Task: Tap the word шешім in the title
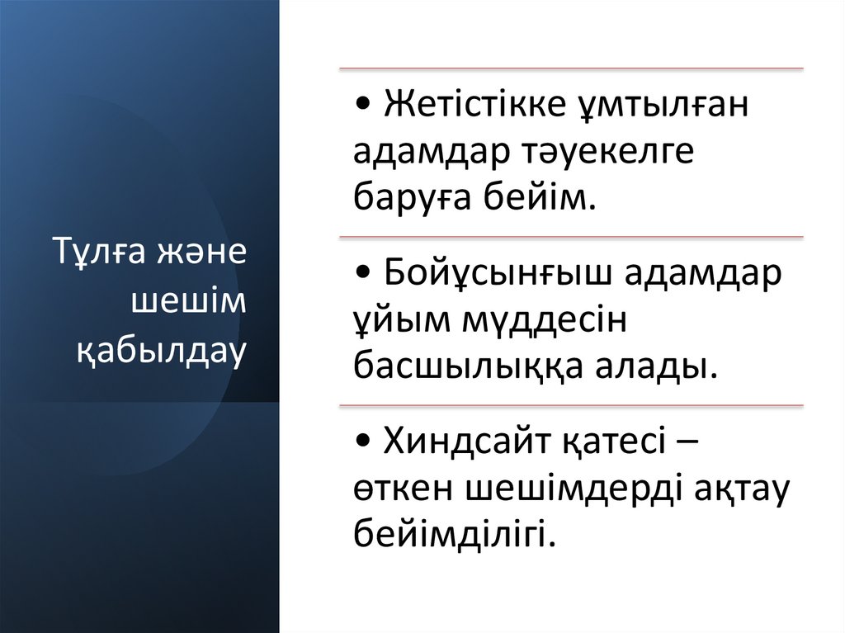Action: [189, 302]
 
